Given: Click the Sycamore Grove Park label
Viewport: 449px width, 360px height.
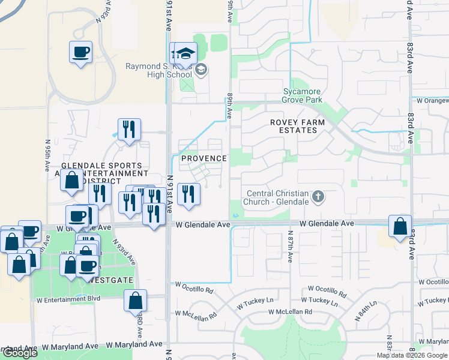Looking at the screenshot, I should [x=303, y=95].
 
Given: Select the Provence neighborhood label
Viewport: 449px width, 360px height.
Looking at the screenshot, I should [x=204, y=158].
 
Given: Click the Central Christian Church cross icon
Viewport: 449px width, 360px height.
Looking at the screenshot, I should [x=318, y=196].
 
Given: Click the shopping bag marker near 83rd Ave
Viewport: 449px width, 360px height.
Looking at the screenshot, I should [x=400, y=226].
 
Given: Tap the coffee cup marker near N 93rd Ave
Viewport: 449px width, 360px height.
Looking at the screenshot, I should [x=81, y=52].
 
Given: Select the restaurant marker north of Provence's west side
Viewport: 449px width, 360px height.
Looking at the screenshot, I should [x=129, y=129].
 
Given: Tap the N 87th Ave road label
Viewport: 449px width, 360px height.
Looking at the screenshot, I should [x=289, y=247].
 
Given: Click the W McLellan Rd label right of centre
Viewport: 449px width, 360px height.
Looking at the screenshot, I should [x=290, y=312].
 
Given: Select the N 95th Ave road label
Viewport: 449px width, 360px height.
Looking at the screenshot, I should [x=47, y=157].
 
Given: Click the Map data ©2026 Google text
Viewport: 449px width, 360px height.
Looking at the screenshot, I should [x=411, y=355].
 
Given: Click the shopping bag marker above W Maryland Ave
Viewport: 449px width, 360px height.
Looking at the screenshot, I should [x=135, y=301].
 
